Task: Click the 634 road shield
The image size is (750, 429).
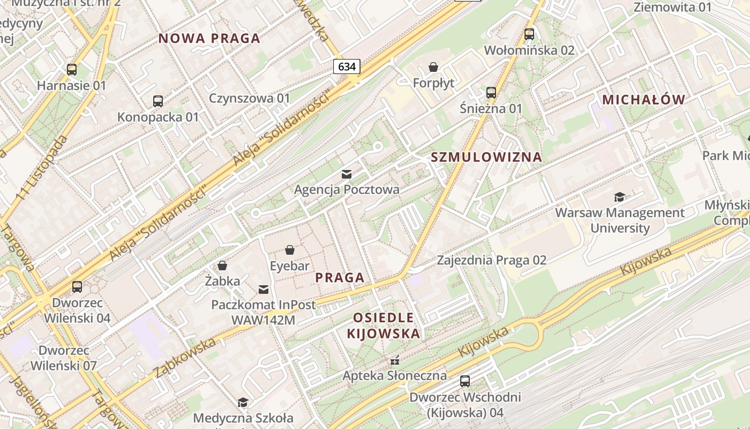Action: pyautogui.click(x=347, y=66)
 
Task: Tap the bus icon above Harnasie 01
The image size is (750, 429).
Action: pyautogui.click(x=72, y=70)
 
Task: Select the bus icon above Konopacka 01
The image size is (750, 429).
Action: pyautogui.click(x=158, y=101)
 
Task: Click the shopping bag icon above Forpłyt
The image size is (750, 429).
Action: pyautogui.click(x=433, y=68)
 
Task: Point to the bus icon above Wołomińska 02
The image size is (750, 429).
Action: pyautogui.click(x=529, y=34)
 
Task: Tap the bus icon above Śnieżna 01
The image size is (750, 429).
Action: pyautogui.click(x=491, y=92)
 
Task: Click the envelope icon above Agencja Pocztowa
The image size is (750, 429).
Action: pyautogui.click(x=347, y=174)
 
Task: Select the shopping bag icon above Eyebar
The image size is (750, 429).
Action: pyautogui.click(x=290, y=250)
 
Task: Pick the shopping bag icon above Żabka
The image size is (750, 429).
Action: pyautogui.click(x=222, y=265)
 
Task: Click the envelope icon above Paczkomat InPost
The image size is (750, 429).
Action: pyautogui.click(x=264, y=290)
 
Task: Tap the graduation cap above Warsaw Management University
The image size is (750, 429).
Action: pyautogui.click(x=620, y=197)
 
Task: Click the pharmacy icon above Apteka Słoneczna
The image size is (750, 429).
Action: pyautogui.click(x=395, y=360)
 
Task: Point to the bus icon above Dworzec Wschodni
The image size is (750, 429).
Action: pyautogui.click(x=465, y=381)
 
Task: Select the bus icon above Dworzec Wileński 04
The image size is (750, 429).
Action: pyautogui.click(x=77, y=287)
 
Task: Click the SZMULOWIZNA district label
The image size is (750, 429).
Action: pyautogui.click(x=486, y=157)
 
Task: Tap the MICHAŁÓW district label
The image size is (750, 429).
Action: pyautogui.click(x=643, y=100)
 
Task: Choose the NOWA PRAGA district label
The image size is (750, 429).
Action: pyautogui.click(x=209, y=38)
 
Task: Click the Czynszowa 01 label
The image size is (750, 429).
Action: pyautogui.click(x=249, y=98)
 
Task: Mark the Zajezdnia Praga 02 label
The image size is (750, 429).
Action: pyautogui.click(x=491, y=261)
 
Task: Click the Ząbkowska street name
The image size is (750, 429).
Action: pyautogui.click(x=184, y=357)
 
